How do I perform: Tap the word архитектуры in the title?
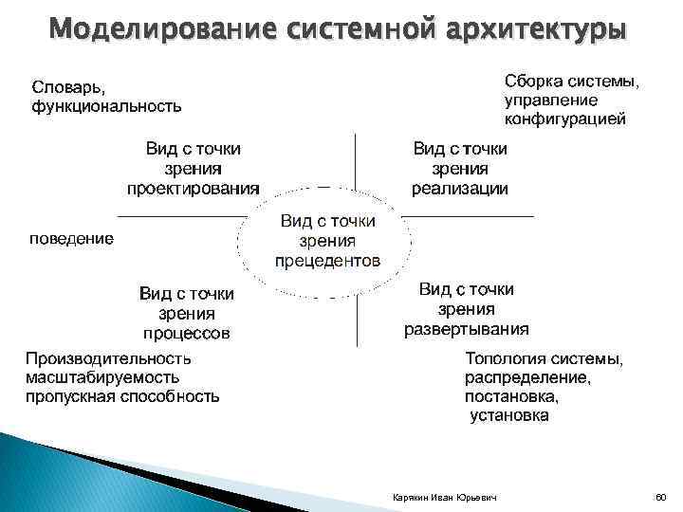[536, 28]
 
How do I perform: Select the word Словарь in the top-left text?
[64, 87]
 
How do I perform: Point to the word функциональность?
[106, 105]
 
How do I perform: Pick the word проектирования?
[194, 188]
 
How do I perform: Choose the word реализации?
[460, 188]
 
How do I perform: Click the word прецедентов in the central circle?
[328, 259]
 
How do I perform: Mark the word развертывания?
[467, 329]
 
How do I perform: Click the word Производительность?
[108, 358]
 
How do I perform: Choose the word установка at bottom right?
[509, 415]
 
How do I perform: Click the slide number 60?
[661, 497]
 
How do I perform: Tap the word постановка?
[511, 396]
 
